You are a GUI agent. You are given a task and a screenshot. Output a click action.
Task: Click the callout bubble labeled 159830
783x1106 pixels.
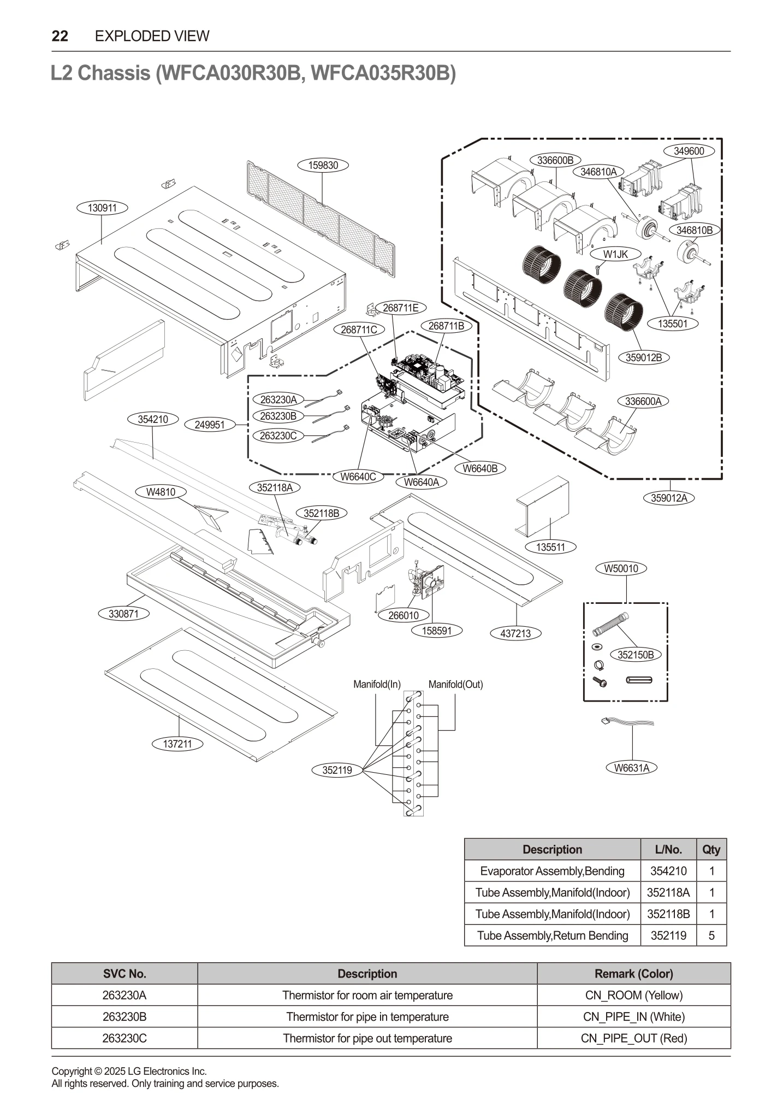click(x=323, y=165)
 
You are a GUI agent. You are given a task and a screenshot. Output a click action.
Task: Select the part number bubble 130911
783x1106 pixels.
click(x=102, y=208)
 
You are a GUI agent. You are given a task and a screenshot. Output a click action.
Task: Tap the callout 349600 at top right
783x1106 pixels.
click(x=689, y=151)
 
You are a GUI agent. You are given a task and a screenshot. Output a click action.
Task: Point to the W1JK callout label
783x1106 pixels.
click(x=615, y=254)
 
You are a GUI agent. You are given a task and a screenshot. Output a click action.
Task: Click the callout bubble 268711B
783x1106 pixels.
click(x=446, y=326)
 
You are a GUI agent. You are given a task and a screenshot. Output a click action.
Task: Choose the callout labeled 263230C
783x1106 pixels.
click(x=278, y=436)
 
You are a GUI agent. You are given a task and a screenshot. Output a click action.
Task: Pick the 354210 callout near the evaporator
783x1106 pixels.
click(x=152, y=419)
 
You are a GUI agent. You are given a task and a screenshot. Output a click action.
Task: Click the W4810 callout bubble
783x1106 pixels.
click(x=161, y=492)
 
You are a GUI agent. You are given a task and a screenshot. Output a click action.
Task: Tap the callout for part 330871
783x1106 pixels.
click(x=124, y=614)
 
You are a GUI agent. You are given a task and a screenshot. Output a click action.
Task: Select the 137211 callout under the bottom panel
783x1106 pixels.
click(x=177, y=744)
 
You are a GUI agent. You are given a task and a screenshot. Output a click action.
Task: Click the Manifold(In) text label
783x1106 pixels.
click(x=377, y=684)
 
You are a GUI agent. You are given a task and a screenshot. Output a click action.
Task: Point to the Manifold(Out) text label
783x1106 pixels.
click(x=455, y=684)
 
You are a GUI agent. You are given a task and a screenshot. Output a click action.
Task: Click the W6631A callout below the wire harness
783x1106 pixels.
click(x=632, y=768)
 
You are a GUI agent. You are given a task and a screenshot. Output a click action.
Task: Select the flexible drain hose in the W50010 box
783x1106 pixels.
click(x=610, y=625)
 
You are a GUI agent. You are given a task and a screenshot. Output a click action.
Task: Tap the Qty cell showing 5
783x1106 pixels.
click(x=711, y=936)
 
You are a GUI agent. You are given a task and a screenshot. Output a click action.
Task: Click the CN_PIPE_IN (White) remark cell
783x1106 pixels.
click(x=633, y=1017)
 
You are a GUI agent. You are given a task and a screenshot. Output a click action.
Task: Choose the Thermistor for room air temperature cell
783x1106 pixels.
click(x=367, y=995)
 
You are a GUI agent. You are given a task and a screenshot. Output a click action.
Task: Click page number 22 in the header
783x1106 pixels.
click(x=60, y=36)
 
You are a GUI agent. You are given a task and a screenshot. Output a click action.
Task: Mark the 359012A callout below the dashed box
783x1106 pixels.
click(x=669, y=498)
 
